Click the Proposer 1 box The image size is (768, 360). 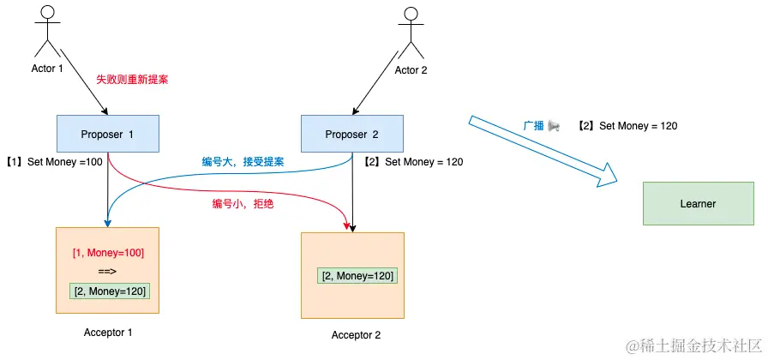pyautogui.click(x=108, y=134)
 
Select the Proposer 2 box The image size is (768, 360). pyautogui.click(x=352, y=134)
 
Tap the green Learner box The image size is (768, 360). pyautogui.click(x=698, y=203)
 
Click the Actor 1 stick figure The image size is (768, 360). pyautogui.click(x=49, y=33)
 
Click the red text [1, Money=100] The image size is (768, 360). pyautogui.click(x=108, y=253)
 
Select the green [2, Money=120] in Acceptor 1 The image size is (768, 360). pyautogui.click(x=109, y=291)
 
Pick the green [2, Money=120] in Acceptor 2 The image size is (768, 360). pyautogui.click(x=357, y=275)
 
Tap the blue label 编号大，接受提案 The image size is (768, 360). pyautogui.click(x=243, y=161)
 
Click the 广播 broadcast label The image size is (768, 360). pyautogui.click(x=541, y=126)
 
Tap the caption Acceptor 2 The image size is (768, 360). pyautogui.click(x=356, y=334)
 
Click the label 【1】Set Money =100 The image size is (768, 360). pyautogui.click(x=53, y=161)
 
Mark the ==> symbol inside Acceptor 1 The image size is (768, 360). pyautogui.click(x=107, y=272)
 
